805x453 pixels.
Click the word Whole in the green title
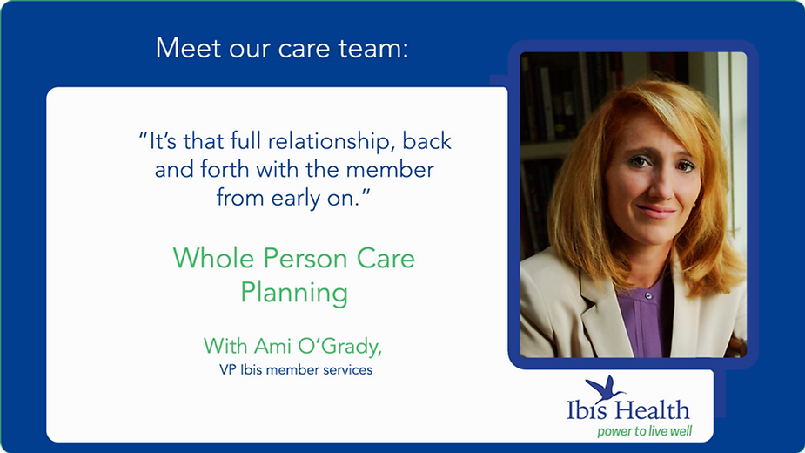click(213, 258)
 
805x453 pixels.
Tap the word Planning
click(294, 293)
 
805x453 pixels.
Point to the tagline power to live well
click(644, 431)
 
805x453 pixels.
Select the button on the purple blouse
click(647, 295)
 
